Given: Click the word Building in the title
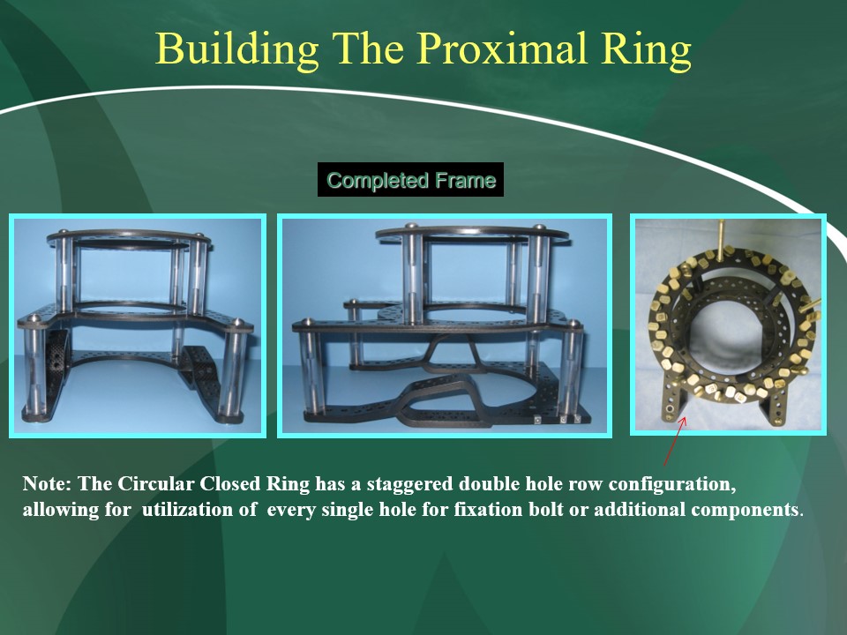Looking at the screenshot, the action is [x=236, y=49].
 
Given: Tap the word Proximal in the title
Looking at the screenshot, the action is [x=502, y=49].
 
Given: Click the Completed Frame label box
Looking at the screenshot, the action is [x=410, y=180].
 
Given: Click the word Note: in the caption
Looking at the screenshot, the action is [x=47, y=483].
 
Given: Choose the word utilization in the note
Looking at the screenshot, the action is [x=199, y=509].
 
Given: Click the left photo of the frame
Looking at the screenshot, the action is [x=138, y=325].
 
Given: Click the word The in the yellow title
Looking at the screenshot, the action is [x=368, y=49].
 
